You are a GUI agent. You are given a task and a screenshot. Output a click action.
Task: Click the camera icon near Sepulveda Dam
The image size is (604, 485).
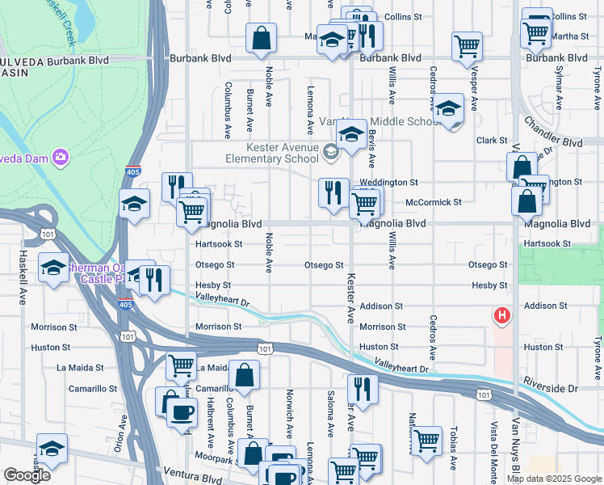pos(59,156)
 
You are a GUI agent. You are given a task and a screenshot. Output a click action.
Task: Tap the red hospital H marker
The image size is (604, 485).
pos(502,314)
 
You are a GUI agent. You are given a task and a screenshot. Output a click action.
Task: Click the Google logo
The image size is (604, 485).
pos(27,475)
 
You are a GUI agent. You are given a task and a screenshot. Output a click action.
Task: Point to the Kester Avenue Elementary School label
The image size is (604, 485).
pos(283,153)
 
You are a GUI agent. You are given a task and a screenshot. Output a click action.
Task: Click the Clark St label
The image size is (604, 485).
pos(491,141)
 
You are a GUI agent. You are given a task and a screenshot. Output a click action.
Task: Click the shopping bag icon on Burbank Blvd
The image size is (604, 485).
pos(262,38)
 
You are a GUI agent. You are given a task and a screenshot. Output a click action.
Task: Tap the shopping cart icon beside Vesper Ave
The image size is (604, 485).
pos(467,45)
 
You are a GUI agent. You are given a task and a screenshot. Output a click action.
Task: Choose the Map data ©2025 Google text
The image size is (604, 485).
pos(553,479)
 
